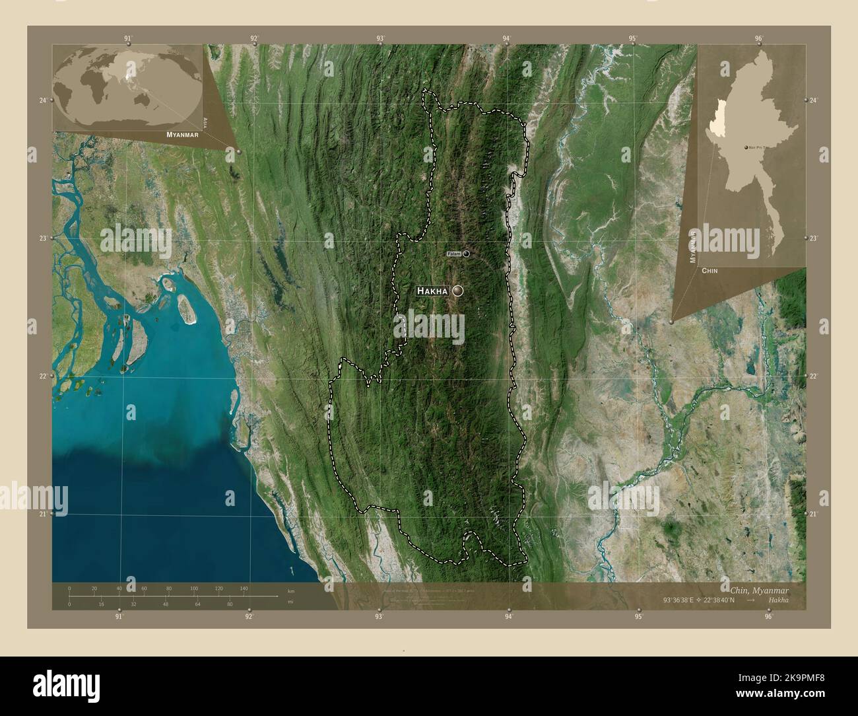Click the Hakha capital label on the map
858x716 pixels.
(x=432, y=291)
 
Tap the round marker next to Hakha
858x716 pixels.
(x=458, y=291)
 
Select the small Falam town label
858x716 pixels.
(x=453, y=254)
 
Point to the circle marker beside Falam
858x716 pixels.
(x=467, y=253)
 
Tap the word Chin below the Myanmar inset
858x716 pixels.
(x=710, y=271)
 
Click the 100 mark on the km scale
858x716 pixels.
(x=194, y=588)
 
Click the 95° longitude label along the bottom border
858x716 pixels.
(x=638, y=617)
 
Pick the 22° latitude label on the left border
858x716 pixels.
(x=43, y=376)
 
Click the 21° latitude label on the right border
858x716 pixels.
(x=814, y=513)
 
